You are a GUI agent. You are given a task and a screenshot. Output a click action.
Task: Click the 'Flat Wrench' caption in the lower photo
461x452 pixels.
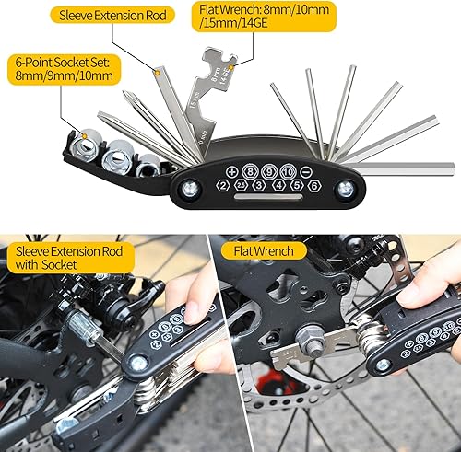tap(263, 250)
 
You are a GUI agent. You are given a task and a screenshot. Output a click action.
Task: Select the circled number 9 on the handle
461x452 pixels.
tap(266, 171)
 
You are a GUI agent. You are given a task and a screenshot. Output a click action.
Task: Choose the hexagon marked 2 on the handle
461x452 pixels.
tap(222, 186)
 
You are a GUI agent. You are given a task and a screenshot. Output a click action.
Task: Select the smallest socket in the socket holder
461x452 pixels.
tap(148, 165)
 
